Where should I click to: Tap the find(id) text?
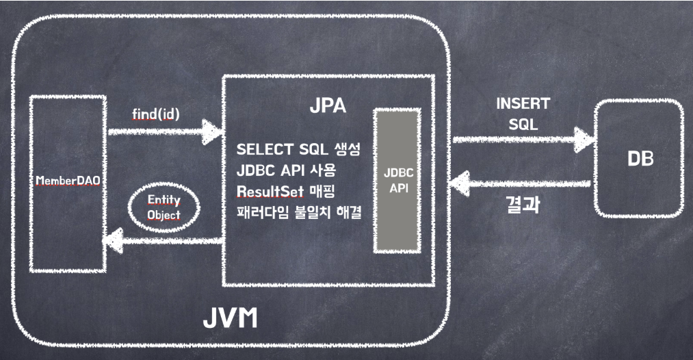(x=155, y=114)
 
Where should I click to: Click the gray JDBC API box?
(x=396, y=181)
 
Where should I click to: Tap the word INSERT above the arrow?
(x=523, y=104)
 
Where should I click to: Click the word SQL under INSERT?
(x=523, y=125)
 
